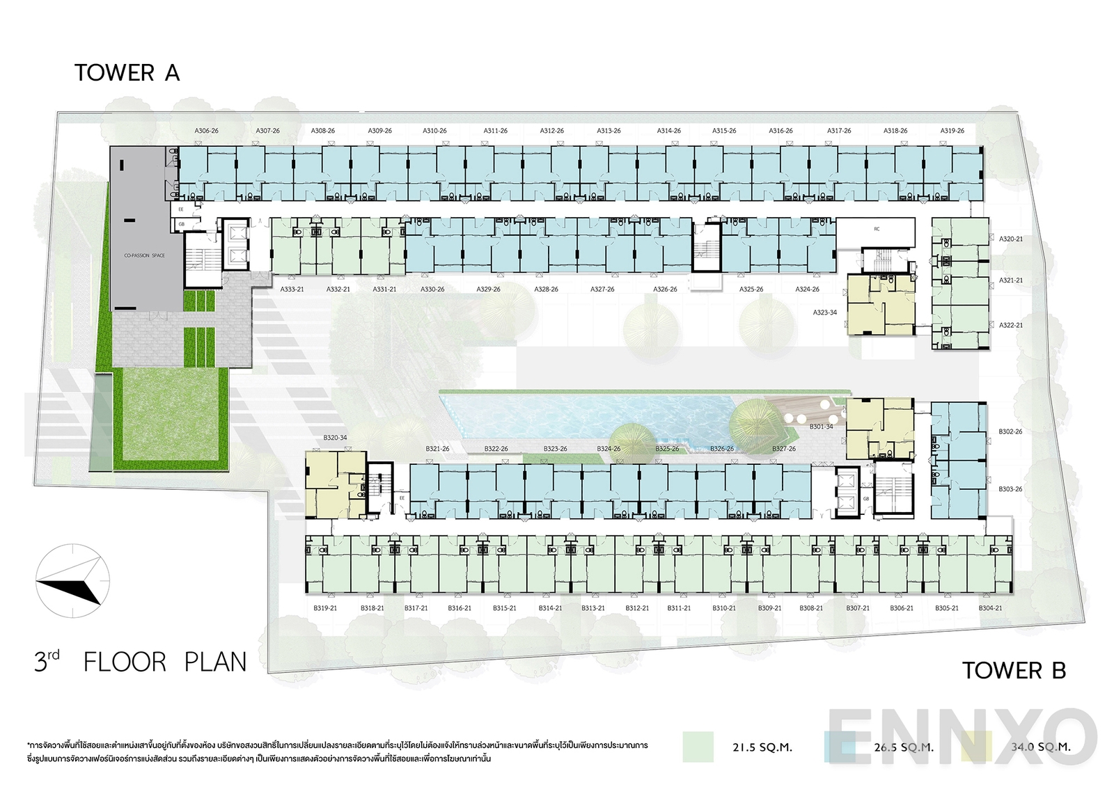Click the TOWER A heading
pos(127,73)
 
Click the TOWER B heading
pos(1014,671)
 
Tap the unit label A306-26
pos(207,131)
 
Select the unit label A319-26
pos(952,131)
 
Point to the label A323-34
pos(825,312)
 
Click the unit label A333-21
pos(292,289)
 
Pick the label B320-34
pos(335,438)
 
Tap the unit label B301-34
pos(821,427)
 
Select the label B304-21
pos(990,608)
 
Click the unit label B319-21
pos(325,608)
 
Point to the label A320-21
pos(1011,239)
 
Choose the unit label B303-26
pos(1010,489)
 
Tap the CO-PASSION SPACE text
pos(145,255)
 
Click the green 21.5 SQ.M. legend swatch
pos(698,747)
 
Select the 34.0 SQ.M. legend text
pos(1040,747)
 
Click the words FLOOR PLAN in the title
pos(165,662)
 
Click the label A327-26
pos(602,289)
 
